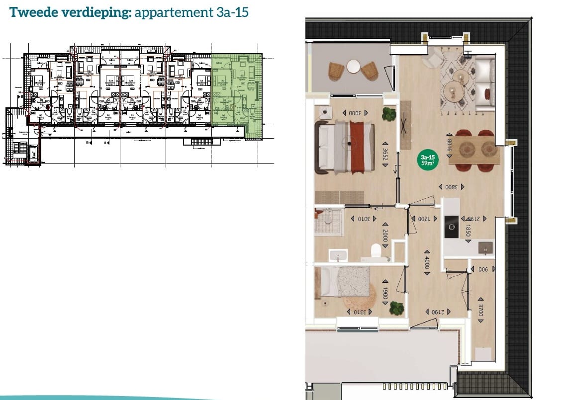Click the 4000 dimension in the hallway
click(426, 262)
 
